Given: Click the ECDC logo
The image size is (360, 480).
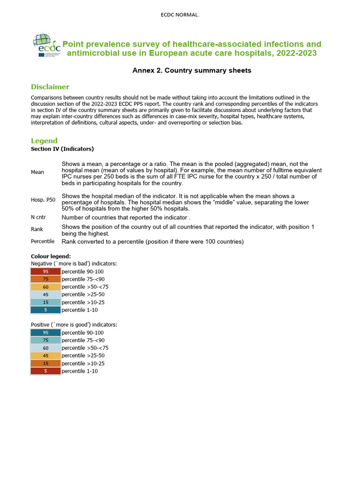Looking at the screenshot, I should click(x=46, y=45).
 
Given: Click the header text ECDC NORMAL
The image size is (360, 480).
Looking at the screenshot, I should click(x=180, y=15).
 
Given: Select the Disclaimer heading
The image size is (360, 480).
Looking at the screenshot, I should click(x=50, y=87).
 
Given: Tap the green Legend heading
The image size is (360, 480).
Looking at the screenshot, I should click(x=44, y=141).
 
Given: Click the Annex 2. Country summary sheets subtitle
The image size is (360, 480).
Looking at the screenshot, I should click(x=192, y=70).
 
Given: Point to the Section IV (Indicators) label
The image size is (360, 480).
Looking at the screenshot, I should click(x=62, y=149).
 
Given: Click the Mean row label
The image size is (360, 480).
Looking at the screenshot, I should click(x=37, y=172).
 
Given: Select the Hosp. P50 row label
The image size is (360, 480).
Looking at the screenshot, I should click(x=43, y=200).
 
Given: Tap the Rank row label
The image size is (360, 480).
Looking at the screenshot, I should click(x=37, y=229).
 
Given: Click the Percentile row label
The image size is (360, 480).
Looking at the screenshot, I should click(x=43, y=241).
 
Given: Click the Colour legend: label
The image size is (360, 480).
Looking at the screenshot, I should click(x=51, y=256).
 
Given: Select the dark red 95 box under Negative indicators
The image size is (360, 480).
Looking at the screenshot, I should click(x=45, y=271).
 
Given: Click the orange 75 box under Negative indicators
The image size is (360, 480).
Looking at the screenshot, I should click(x=45, y=279).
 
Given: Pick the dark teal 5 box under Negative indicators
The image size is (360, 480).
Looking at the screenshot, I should click(x=45, y=310).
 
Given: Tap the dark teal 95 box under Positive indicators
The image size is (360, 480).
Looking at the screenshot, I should click(x=45, y=332).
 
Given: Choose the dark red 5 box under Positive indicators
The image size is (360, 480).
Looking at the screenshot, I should click(x=45, y=371).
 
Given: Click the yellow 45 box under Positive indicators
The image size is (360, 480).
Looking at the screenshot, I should click(x=45, y=356).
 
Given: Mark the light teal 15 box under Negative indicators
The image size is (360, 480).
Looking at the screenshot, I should click(x=45, y=302).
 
